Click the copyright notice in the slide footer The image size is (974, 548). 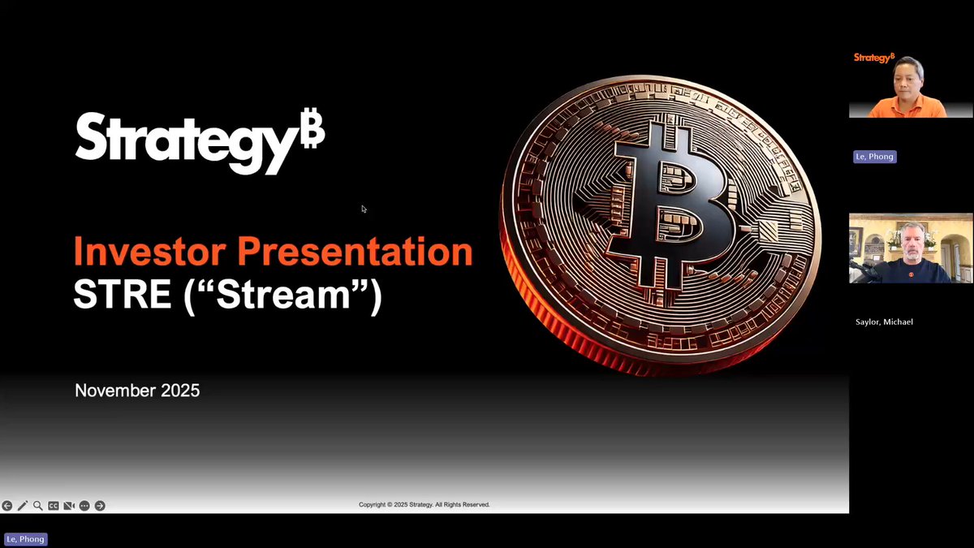[424, 505]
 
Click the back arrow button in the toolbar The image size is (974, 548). [7, 506]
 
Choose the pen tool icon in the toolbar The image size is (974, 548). [23, 506]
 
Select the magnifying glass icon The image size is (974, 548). [38, 506]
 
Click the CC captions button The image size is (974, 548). [54, 506]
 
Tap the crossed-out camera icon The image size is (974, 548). [69, 506]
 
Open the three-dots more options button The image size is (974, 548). [84, 506]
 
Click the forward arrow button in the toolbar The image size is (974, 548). [100, 506]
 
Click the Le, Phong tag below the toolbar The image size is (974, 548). [26, 539]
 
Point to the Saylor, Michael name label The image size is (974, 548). [884, 322]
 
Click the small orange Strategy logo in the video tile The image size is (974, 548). [873, 58]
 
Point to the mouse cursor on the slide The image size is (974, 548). [364, 209]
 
